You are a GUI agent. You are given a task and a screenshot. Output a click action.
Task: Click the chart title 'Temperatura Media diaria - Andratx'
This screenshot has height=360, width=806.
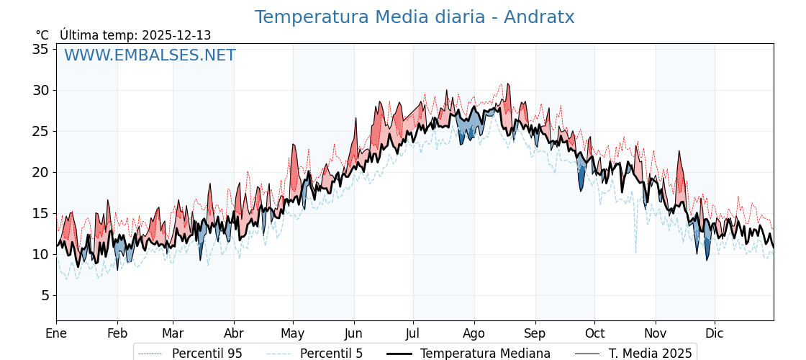415,17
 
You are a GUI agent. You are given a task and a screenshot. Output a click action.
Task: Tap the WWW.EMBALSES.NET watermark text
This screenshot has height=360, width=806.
150,55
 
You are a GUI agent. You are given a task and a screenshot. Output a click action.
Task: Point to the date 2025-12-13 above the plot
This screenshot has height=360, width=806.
176,35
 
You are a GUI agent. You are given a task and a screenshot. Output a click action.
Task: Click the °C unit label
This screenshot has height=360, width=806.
42,35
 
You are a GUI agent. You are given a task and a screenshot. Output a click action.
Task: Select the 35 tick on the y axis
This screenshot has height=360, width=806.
40,49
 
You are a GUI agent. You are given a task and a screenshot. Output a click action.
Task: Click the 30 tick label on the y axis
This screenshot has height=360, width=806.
40,90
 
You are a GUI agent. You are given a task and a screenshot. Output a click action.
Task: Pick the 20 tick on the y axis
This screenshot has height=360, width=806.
40,172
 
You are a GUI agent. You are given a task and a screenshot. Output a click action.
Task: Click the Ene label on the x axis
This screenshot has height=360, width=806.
56,333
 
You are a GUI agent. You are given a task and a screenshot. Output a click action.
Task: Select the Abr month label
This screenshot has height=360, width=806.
234,333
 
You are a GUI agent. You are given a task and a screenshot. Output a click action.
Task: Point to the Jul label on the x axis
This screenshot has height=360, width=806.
413,333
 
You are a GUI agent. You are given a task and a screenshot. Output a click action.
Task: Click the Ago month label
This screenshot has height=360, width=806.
474,333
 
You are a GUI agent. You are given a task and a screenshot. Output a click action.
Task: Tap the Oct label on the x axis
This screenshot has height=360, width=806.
594,333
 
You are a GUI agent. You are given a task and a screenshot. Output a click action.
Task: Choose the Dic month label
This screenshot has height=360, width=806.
715,333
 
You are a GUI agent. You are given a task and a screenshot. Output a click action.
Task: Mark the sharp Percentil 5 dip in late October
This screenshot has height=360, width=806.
635,252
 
